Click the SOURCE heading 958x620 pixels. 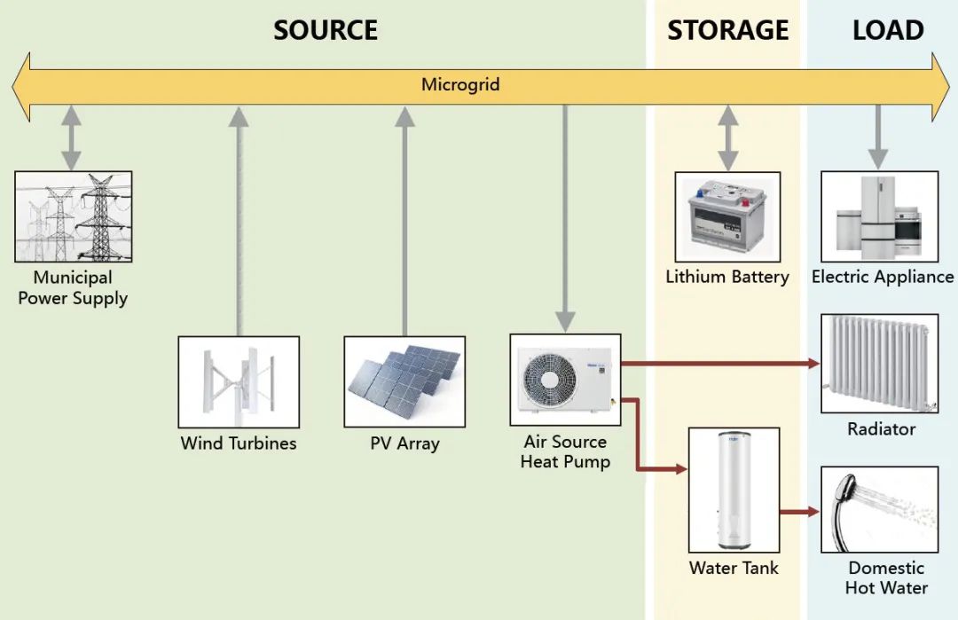pyautogui.click(x=326, y=30)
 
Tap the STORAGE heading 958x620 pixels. pyautogui.click(x=727, y=30)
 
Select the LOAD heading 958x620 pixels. pyautogui.click(x=888, y=30)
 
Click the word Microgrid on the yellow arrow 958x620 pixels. pyautogui.click(x=460, y=85)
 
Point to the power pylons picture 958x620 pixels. pyautogui.click(x=74, y=216)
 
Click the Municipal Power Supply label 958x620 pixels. pyautogui.click(x=73, y=288)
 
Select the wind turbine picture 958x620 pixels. pyautogui.click(x=239, y=382)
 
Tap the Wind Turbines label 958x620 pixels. pyautogui.click(x=239, y=443)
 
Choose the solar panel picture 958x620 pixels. pyautogui.click(x=404, y=381)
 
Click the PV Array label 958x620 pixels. pyautogui.click(x=404, y=443)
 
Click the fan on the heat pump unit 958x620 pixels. pyautogui.click(x=550, y=380)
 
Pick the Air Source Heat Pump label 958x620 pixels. pyautogui.click(x=565, y=451)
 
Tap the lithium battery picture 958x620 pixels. pyautogui.click(x=727, y=216)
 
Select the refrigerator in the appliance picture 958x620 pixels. pyautogui.click(x=878, y=216)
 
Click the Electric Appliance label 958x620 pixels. pyautogui.click(x=883, y=277)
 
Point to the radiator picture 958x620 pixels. pyautogui.click(x=879, y=363)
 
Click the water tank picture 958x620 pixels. pyautogui.click(x=734, y=491)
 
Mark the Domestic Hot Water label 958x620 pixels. pyautogui.click(x=886, y=577)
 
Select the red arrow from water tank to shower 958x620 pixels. pyautogui.click(x=798, y=511)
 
